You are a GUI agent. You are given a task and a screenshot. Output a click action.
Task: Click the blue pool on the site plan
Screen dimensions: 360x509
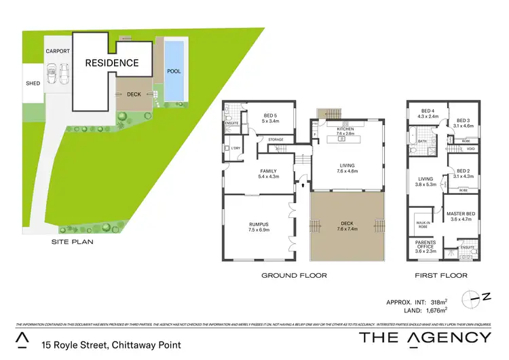click(x=174, y=69)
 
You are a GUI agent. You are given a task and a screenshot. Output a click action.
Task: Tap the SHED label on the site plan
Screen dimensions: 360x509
click(x=33, y=84)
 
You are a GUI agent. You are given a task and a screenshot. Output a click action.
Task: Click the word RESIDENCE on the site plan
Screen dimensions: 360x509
click(x=112, y=63)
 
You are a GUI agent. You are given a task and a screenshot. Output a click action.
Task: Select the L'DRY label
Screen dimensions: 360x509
click(x=236, y=148)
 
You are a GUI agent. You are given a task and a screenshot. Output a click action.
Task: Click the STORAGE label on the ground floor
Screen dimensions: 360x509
click(x=276, y=140)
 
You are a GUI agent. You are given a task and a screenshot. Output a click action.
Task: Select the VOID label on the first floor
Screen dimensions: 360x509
click(x=470, y=149)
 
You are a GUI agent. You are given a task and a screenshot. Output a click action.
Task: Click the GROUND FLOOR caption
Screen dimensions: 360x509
click(x=295, y=275)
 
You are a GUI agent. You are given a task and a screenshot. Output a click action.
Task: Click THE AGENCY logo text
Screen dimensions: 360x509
click(x=425, y=338)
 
